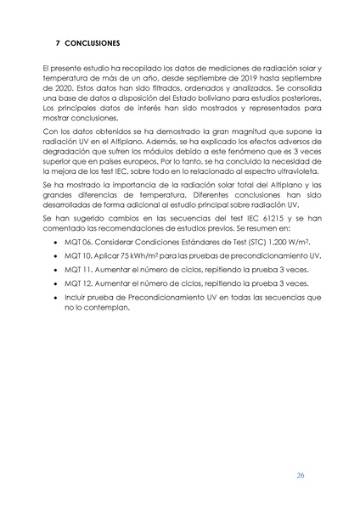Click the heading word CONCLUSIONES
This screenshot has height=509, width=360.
(91, 42)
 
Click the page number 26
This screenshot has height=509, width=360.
(301, 474)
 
